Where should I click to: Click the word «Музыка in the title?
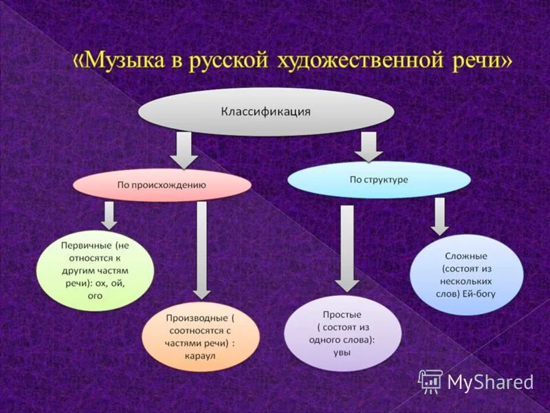click(118, 61)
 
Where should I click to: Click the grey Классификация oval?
click(266, 112)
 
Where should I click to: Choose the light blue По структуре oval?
click(378, 180)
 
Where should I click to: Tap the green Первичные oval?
click(95, 271)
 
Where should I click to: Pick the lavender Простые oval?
click(342, 332)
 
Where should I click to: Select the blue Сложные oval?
click(466, 275)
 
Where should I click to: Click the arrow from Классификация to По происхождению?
click(184, 150)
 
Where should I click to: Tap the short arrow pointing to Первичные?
click(109, 215)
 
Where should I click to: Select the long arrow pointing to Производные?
click(201, 248)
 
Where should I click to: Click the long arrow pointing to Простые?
click(347, 247)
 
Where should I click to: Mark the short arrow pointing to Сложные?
click(440, 216)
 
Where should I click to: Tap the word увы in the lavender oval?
click(342, 352)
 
